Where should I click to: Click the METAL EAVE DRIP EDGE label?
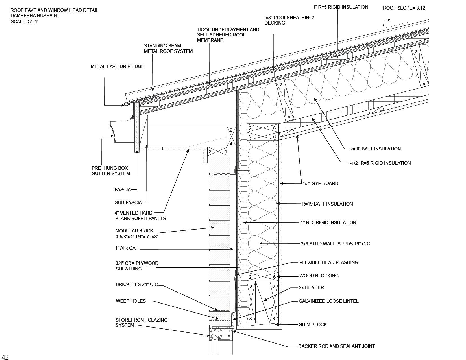pyautogui.click(x=117, y=66)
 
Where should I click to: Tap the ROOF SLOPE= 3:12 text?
pyautogui.click(x=404, y=8)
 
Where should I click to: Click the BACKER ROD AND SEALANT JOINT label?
pyautogui.click(x=337, y=346)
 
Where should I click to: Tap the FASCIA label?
pyautogui.click(x=123, y=189)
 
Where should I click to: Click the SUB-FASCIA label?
pyautogui.click(x=128, y=202)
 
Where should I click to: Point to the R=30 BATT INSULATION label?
pyautogui.click(x=375, y=149)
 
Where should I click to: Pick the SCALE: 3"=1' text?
pyautogui.click(x=24, y=21)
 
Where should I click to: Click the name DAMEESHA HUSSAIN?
pyautogui.click(x=34, y=16)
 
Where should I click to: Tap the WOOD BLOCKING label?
pyautogui.click(x=319, y=276)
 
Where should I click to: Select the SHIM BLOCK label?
pyautogui.click(x=313, y=324)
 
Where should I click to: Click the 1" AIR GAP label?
pyautogui.click(x=127, y=248)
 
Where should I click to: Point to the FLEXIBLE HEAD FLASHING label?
pyautogui.click(x=329, y=262)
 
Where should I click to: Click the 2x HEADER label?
pyautogui.click(x=311, y=287)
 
